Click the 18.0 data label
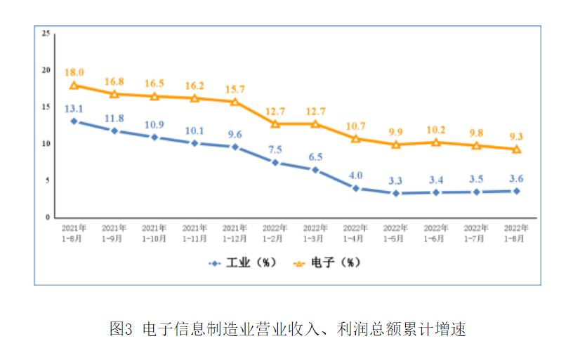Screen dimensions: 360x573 pos(74,72)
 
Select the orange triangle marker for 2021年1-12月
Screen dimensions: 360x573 pos(235,102)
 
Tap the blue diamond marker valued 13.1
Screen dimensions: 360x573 pos(74,121)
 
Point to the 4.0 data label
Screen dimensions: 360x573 pos(356,175)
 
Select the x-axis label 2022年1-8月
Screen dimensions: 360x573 pos(516,233)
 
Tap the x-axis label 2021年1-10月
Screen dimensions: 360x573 pos(154,233)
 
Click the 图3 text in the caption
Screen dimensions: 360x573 pos(121,329)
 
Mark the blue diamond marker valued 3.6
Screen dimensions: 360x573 pos(517,191)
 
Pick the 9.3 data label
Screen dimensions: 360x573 pos(517,136)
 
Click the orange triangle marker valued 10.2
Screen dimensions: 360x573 pos(436,142)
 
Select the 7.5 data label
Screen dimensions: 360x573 pos(275,149)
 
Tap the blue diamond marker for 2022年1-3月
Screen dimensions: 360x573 pos(315,170)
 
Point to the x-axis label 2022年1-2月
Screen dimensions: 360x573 pos(275,233)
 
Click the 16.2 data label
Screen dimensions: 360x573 pos(194,86)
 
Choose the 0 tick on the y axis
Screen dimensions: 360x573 pos(47,218)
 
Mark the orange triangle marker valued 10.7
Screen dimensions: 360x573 pos(356,139)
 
